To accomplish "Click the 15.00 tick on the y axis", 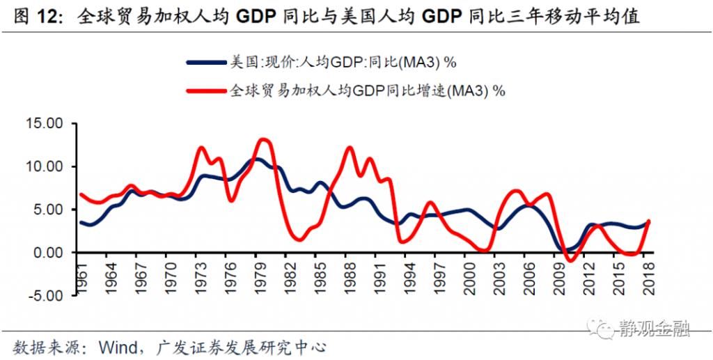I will [x=45, y=123].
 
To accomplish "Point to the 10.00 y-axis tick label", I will [x=45, y=166].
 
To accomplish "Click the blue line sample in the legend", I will [x=207, y=63].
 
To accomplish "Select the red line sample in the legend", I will [x=207, y=90].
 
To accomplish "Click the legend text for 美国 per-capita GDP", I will [x=343, y=63].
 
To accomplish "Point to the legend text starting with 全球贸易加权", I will [x=367, y=90].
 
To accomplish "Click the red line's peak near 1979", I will [x=263, y=139].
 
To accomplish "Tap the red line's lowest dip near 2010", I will [x=571, y=261].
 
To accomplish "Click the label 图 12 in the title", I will [x=31, y=15].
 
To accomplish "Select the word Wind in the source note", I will [x=116, y=346].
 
